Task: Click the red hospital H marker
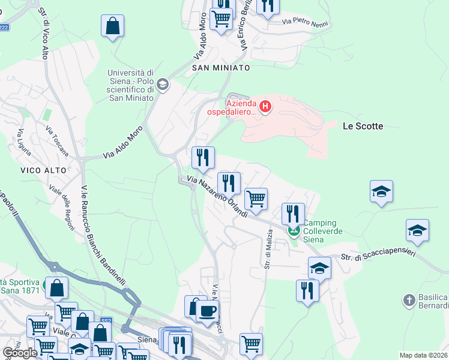265,107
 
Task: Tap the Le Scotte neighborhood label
363,126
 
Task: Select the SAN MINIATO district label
221,68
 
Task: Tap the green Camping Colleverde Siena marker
294,230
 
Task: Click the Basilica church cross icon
409,299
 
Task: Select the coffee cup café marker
208,311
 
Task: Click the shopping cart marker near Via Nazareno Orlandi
256,199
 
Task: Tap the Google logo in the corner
20,353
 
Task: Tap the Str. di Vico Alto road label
43,35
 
